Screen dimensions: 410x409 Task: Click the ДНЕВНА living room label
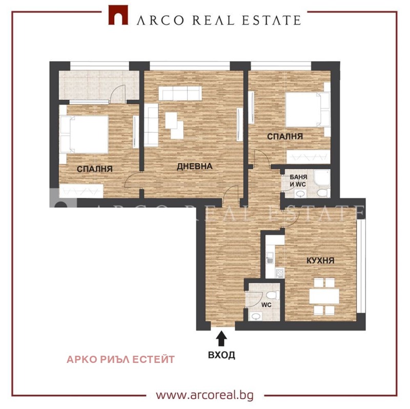pyautogui.click(x=195, y=166)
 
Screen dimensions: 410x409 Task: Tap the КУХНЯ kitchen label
pyautogui.click(x=320, y=261)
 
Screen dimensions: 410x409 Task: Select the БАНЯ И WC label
pyautogui.click(x=298, y=181)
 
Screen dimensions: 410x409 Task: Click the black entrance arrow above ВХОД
pyautogui.click(x=221, y=338)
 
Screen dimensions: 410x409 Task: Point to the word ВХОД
pyautogui.click(x=221, y=355)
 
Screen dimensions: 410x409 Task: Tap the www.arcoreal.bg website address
pyautogui.click(x=204, y=395)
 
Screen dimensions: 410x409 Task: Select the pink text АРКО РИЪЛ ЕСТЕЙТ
pyautogui.click(x=120, y=359)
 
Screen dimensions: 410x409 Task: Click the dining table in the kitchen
pyautogui.click(x=324, y=296)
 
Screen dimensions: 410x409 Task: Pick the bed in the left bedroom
pyautogui.click(x=84, y=134)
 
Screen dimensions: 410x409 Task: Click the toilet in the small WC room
pyautogui.click(x=272, y=295)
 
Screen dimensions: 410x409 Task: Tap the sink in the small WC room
pyautogui.click(x=255, y=316)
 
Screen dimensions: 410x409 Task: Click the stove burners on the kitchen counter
pyautogui.click(x=279, y=273)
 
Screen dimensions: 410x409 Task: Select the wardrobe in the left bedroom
pyautogui.click(x=81, y=191)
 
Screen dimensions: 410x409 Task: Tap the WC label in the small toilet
pyautogui.click(x=266, y=305)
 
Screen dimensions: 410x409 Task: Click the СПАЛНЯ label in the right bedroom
pyautogui.click(x=285, y=136)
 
